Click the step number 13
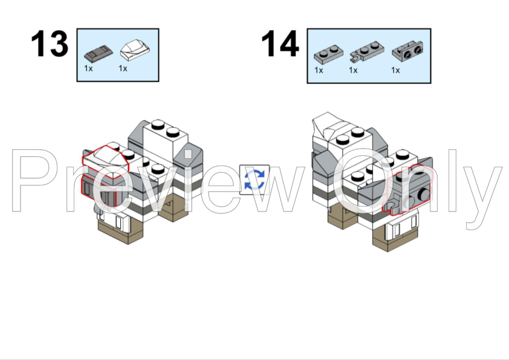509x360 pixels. point(50,43)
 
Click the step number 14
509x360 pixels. point(280,43)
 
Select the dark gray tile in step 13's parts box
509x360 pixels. point(99,54)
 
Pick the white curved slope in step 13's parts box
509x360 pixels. point(135,50)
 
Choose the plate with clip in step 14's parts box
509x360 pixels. point(367,51)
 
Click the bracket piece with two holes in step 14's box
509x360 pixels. point(407,51)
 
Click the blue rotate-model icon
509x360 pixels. point(254,179)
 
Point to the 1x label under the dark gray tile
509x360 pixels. point(88,68)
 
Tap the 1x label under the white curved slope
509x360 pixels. point(123,68)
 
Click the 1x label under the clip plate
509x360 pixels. point(353,71)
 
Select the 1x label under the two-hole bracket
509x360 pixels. point(395,71)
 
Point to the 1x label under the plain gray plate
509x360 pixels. point(319,71)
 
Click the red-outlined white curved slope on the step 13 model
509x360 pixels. point(106,162)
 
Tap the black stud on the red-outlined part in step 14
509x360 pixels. point(423,194)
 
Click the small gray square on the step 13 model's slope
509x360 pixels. point(188,154)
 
